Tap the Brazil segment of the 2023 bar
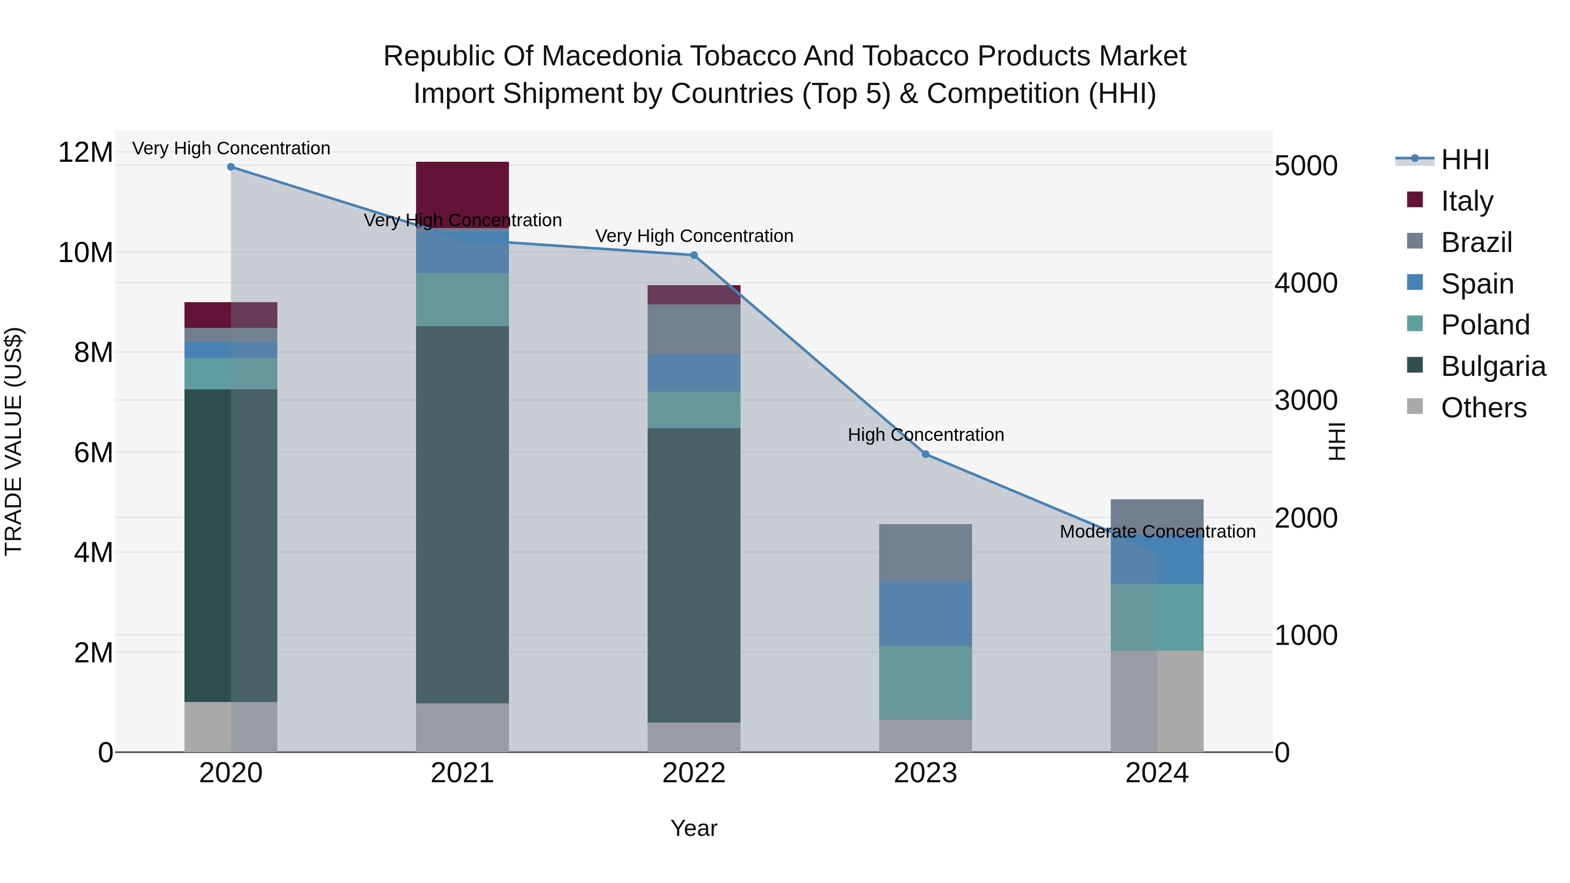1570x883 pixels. [x=925, y=552]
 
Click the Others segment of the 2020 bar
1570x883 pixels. [x=230, y=726]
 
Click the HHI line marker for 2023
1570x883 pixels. [x=925, y=454]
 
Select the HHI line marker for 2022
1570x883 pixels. [x=693, y=256]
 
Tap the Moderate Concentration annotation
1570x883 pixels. [x=1157, y=532]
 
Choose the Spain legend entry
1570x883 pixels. [x=1476, y=284]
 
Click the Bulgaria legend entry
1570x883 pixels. [x=1493, y=366]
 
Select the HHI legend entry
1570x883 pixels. [x=1464, y=160]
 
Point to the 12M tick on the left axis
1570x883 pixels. [x=85, y=152]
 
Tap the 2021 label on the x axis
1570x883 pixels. [x=462, y=773]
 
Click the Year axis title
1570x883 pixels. [x=693, y=828]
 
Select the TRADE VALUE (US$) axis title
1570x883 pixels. [x=14, y=441]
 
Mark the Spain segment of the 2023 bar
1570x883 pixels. [x=925, y=613]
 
